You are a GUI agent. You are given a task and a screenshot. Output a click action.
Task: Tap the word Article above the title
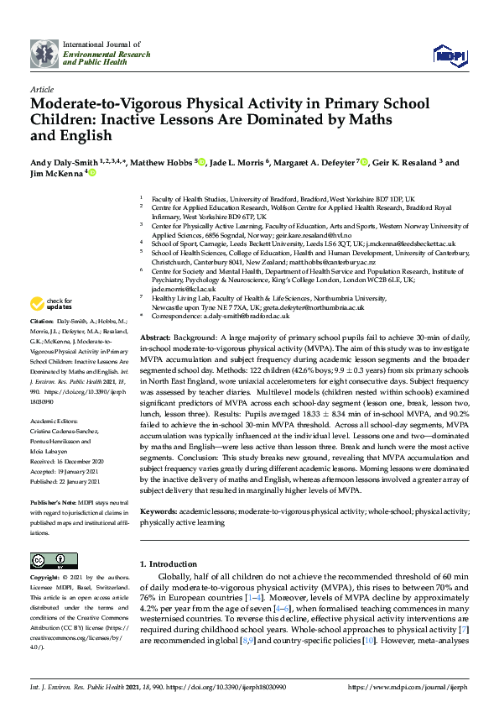coord(41,88)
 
